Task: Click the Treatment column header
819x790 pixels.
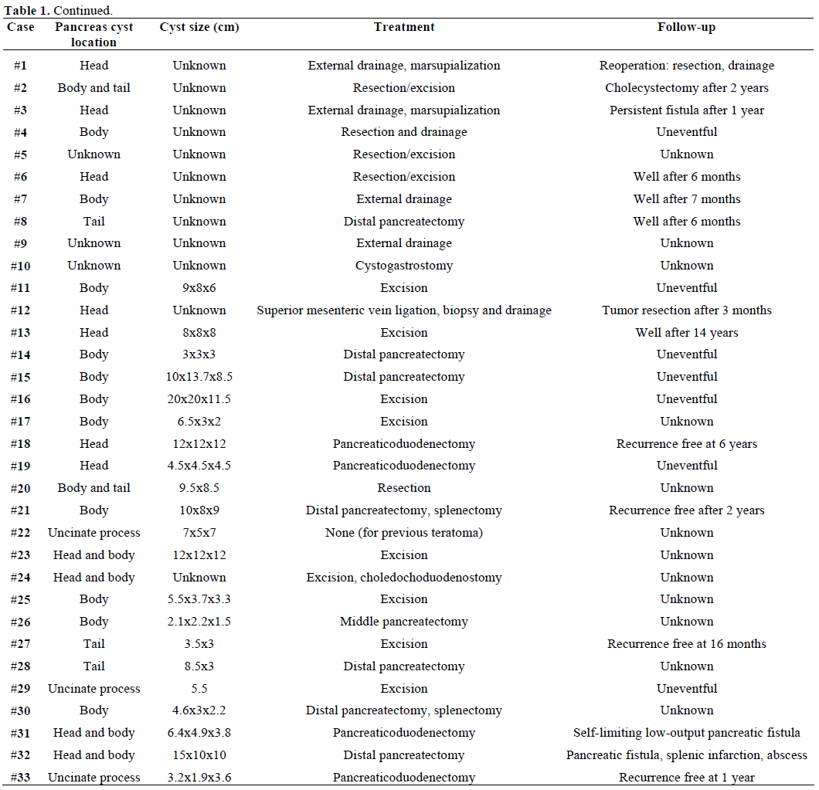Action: point(404,27)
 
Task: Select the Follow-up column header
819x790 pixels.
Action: point(686,27)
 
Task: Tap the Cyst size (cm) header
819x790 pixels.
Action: point(199,27)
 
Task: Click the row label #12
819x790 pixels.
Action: point(20,310)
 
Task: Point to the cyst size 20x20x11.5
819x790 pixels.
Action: point(199,399)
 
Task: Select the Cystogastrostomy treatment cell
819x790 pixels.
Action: point(404,266)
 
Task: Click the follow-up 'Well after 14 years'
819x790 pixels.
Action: point(686,333)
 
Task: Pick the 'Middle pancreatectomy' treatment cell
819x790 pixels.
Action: point(404,622)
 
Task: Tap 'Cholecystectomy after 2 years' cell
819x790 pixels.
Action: point(686,88)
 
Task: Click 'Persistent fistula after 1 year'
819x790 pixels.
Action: point(686,110)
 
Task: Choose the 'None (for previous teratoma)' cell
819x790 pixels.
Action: point(404,533)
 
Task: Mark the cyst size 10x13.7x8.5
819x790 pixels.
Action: point(199,377)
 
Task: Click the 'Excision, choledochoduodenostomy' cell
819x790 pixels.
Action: point(404,578)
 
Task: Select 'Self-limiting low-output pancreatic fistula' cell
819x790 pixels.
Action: point(686,733)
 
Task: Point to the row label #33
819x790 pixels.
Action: point(20,778)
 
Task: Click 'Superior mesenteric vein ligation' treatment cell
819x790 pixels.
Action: point(404,310)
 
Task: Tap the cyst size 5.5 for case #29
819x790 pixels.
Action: point(199,689)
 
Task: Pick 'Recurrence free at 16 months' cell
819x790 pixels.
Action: point(686,644)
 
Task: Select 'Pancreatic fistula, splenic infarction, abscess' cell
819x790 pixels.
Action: point(686,755)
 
